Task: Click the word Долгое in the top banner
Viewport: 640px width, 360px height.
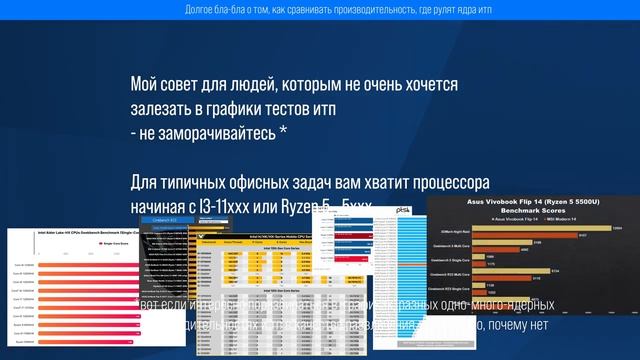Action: [x=202, y=10]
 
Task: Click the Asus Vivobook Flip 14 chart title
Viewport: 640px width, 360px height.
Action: [x=532, y=201]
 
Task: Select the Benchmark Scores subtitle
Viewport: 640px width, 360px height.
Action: [x=532, y=211]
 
